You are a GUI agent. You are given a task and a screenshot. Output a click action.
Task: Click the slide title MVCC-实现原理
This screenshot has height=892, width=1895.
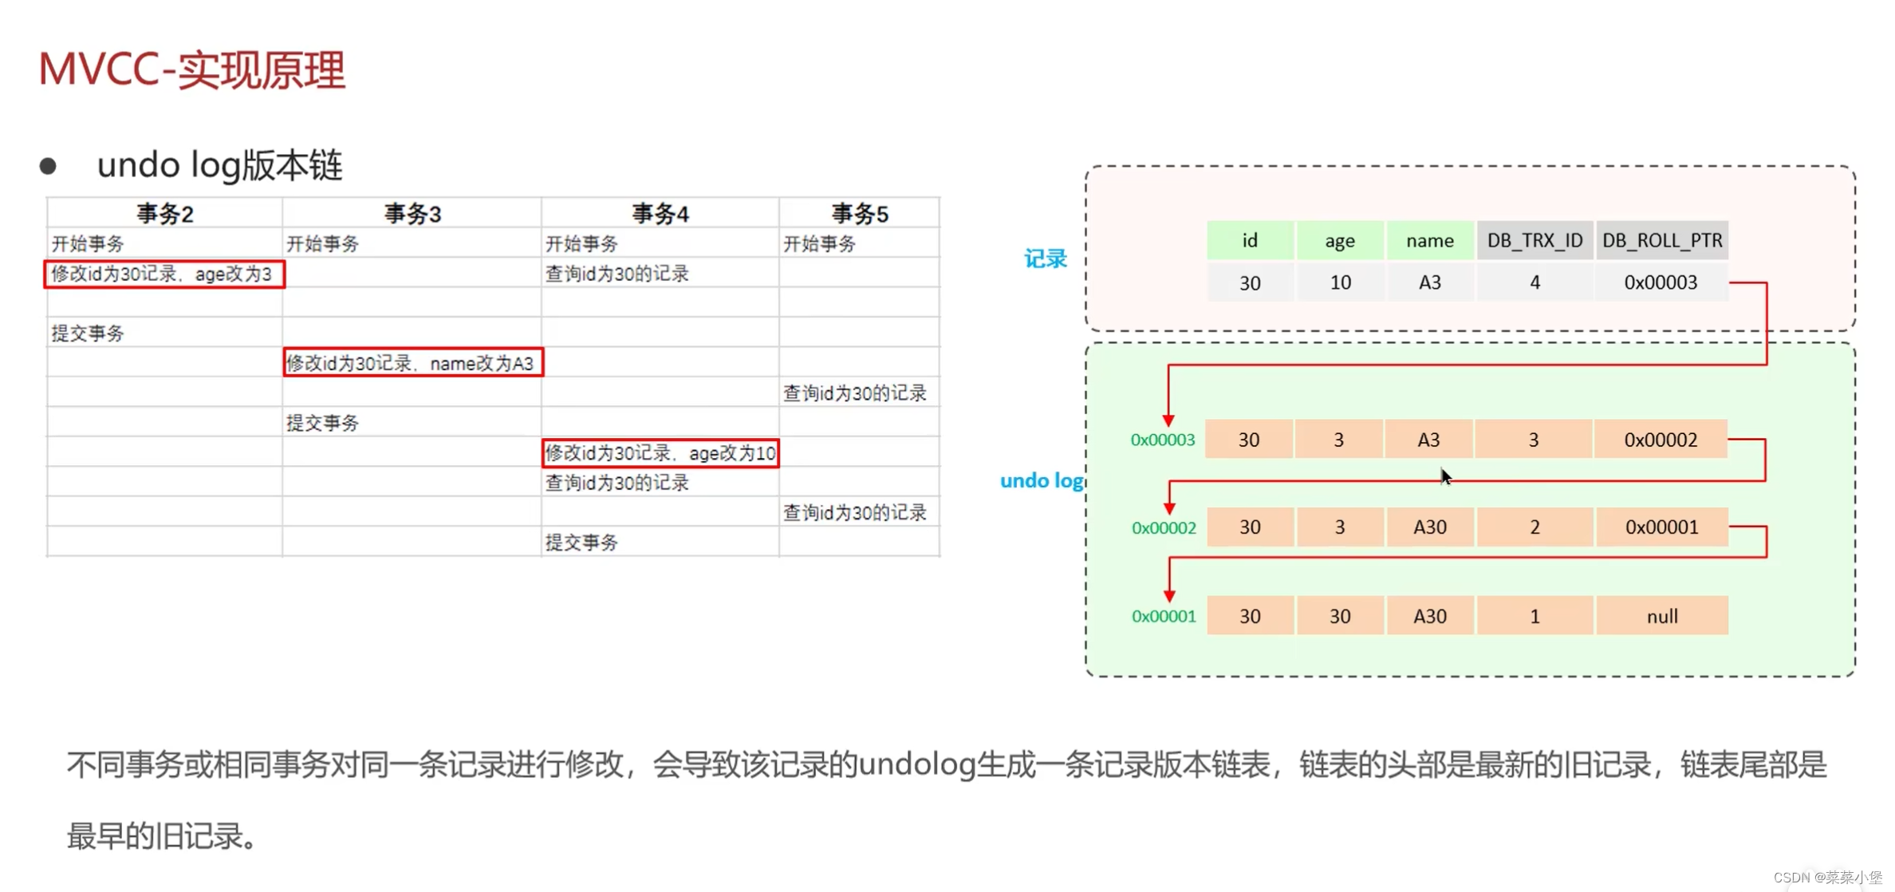(x=191, y=70)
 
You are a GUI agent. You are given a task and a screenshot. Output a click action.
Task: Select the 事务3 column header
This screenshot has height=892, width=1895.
(x=412, y=213)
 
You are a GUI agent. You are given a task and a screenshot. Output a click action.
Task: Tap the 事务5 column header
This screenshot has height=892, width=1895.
(x=859, y=213)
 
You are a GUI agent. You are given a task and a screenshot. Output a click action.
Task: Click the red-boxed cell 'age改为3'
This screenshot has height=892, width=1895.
(x=164, y=274)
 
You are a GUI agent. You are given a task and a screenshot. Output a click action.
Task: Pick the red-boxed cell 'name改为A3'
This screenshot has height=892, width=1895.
(x=413, y=363)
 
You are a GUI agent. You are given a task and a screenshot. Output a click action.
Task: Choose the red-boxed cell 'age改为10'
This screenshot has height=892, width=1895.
(x=660, y=453)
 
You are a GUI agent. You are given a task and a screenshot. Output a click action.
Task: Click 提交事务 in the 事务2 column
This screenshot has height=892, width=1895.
(x=88, y=334)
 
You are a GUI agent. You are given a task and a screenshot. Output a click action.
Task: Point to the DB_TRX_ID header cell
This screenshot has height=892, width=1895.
(x=1535, y=240)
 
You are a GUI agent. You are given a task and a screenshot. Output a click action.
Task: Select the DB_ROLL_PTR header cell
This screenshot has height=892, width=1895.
(x=1662, y=240)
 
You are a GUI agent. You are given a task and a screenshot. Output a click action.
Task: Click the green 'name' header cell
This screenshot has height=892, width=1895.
(x=1429, y=240)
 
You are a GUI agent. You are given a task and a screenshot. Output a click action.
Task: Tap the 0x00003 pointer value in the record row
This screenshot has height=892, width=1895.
(x=1661, y=282)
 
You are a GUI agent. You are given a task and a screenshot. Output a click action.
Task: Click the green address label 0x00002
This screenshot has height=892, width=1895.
(x=1164, y=528)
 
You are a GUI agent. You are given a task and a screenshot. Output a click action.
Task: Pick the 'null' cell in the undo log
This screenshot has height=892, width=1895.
(x=1662, y=616)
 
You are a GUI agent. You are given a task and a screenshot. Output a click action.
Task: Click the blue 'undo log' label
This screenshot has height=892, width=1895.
(x=1041, y=480)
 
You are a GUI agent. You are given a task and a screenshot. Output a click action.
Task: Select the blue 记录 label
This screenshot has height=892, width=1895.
(x=1045, y=259)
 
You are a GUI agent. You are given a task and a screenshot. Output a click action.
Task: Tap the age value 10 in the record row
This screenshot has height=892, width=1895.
(x=1340, y=282)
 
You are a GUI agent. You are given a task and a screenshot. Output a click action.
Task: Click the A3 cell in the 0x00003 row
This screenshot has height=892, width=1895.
(x=1428, y=440)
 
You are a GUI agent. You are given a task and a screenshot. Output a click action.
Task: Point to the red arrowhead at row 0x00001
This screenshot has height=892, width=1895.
(x=1169, y=595)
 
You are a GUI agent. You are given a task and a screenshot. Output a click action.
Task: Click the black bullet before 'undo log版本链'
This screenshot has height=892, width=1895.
(x=48, y=166)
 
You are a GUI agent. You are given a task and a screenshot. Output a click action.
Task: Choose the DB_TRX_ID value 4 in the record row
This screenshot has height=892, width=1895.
(x=1535, y=282)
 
